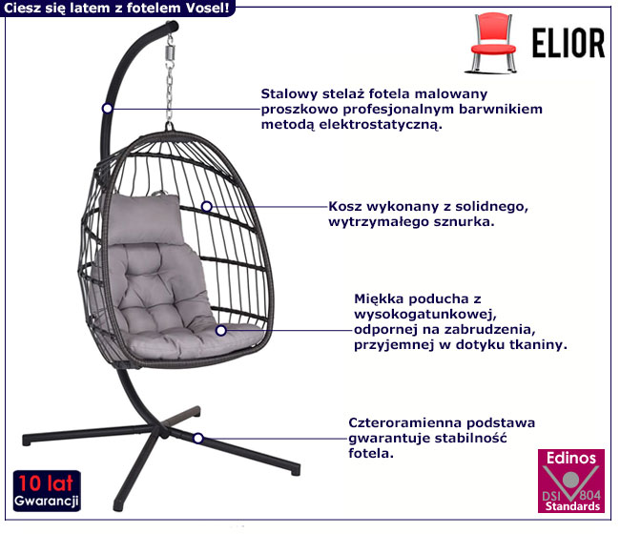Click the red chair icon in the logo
(493, 43)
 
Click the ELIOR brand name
(568, 44)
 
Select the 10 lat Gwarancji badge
(47, 491)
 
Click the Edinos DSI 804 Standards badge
(571, 481)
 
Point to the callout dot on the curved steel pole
(107, 109)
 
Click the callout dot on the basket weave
(206, 206)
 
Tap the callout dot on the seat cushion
(221, 331)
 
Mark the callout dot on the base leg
(198, 438)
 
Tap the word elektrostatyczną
(381, 125)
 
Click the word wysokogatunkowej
(425, 315)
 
